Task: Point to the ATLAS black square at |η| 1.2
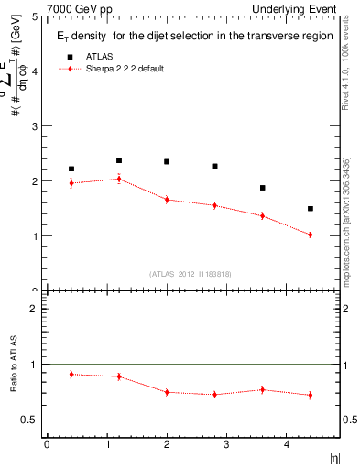(x=119, y=160)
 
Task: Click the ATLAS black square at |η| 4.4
(x=311, y=209)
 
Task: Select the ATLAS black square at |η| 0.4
(x=71, y=169)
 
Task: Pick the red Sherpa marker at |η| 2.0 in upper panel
(x=167, y=199)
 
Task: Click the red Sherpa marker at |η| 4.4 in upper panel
(x=311, y=234)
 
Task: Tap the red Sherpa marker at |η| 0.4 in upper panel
(x=71, y=183)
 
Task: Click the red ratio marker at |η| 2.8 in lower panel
(x=214, y=395)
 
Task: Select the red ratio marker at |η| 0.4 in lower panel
(x=71, y=374)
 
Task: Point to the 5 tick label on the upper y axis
(x=35, y=16)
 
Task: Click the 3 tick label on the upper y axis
(x=35, y=126)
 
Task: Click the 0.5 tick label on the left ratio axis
(x=30, y=420)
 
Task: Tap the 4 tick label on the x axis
(x=287, y=444)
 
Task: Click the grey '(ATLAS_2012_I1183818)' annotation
(x=190, y=273)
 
